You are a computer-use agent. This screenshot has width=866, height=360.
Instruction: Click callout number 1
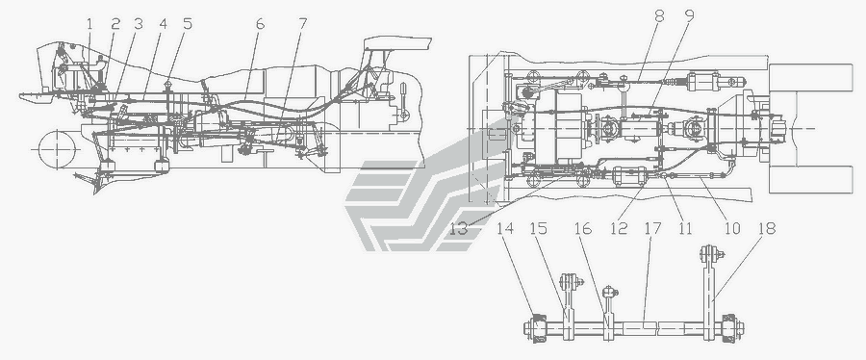click(91, 24)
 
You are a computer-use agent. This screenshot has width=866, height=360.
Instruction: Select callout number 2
click(115, 24)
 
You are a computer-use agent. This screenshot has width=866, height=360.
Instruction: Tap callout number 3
click(138, 24)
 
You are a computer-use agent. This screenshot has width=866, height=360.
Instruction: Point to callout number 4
click(163, 24)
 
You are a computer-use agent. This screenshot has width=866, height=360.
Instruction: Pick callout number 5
click(188, 24)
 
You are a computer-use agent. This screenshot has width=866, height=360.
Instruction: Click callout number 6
click(260, 24)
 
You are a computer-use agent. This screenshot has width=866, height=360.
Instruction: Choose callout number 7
click(302, 24)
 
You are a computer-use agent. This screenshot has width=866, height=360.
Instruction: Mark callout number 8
click(659, 16)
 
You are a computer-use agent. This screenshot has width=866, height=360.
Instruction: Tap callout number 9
click(688, 16)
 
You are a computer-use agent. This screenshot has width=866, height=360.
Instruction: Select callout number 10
click(732, 228)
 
